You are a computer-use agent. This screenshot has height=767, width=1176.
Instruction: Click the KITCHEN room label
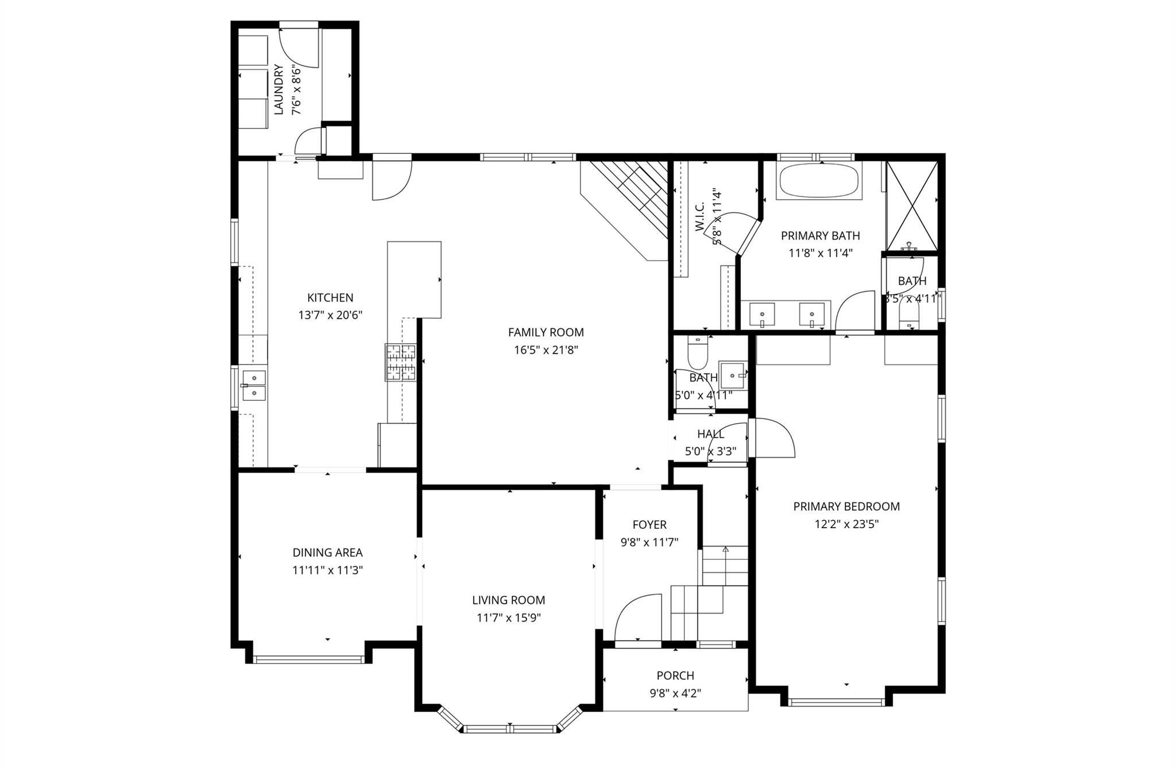pyautogui.click(x=330, y=297)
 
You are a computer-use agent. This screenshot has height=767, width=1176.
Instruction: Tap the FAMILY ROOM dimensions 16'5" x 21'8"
pyautogui.click(x=546, y=350)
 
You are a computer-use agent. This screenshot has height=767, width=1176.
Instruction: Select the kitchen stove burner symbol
pyautogui.click(x=400, y=362)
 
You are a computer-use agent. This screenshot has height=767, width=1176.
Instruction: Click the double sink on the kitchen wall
pyautogui.click(x=253, y=385)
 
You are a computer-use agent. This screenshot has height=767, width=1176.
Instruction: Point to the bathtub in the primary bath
pyautogui.click(x=819, y=181)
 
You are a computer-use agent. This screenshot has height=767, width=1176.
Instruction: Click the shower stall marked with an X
pyautogui.click(x=912, y=205)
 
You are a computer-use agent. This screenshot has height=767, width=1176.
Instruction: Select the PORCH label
pyautogui.click(x=675, y=675)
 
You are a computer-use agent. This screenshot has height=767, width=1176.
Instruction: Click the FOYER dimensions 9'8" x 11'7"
pyautogui.click(x=649, y=542)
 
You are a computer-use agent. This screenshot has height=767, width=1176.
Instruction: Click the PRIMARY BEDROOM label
pyautogui.click(x=846, y=506)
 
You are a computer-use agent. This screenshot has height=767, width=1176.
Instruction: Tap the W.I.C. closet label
pyautogui.click(x=700, y=218)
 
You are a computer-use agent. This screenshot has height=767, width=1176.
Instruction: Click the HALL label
pyautogui.click(x=710, y=434)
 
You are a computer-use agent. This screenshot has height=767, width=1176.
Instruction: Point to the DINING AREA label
pyautogui.click(x=327, y=552)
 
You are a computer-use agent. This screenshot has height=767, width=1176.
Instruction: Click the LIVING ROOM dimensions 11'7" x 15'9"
pyautogui.click(x=509, y=618)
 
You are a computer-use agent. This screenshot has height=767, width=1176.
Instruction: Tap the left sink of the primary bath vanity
pyautogui.click(x=762, y=315)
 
